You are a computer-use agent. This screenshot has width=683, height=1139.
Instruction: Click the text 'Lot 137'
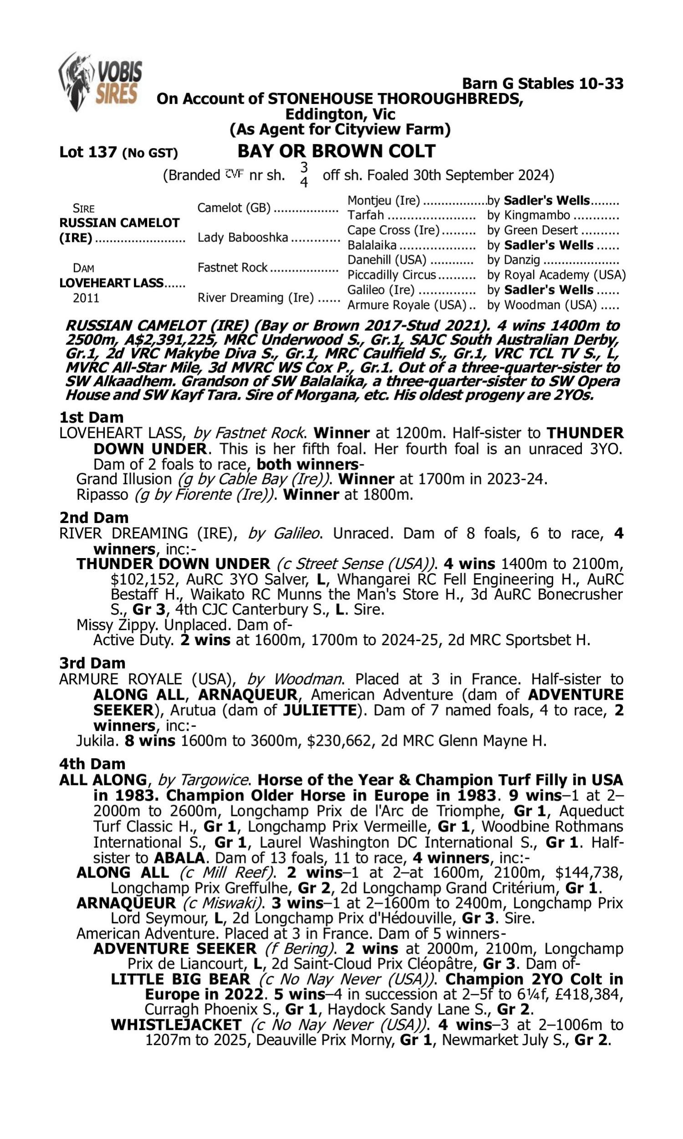point(88,152)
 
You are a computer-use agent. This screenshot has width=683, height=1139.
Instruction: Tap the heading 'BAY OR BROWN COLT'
point(336,151)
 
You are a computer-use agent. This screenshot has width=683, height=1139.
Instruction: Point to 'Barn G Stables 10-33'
point(543,83)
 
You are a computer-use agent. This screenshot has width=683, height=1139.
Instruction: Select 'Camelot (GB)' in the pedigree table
point(234,208)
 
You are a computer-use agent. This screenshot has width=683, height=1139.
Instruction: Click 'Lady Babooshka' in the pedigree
point(243,237)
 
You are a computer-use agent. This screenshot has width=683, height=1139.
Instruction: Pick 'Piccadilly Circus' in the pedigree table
point(391,275)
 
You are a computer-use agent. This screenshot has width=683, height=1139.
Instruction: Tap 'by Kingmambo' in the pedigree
point(528,215)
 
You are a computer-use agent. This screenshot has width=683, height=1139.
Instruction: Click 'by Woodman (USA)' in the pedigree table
point(542,305)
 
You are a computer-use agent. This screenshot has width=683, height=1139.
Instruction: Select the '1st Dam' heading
point(92,417)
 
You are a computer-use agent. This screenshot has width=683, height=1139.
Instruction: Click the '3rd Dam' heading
point(92,663)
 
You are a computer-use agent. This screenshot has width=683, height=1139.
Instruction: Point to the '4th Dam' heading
point(92,764)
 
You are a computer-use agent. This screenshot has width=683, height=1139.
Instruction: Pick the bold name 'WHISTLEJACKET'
point(176,1025)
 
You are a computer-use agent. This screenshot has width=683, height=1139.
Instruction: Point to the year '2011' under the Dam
point(86,298)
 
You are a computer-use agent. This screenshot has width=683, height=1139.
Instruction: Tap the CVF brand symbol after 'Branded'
point(234,174)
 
